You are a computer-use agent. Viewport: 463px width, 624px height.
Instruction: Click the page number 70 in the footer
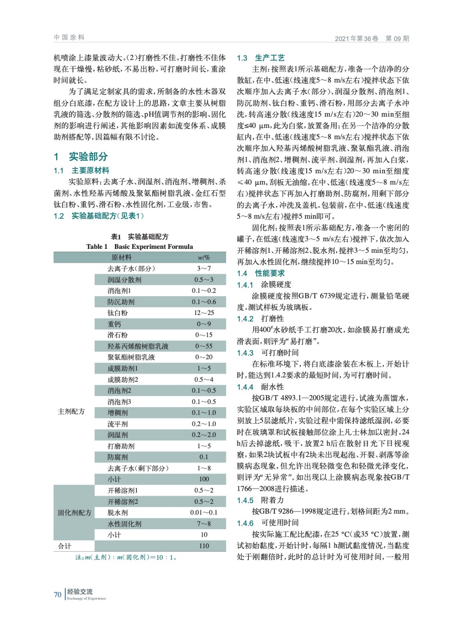click(57, 594)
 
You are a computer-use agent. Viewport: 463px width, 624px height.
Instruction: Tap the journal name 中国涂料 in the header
click(69, 37)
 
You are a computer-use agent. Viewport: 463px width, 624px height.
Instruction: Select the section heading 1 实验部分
click(81, 157)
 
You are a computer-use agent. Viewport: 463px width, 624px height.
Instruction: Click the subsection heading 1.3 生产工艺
click(261, 58)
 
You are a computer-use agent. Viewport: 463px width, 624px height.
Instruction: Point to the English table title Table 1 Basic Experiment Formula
click(140, 246)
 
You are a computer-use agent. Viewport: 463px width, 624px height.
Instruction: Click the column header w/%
click(204, 257)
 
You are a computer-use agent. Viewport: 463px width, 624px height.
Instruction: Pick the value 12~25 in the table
click(204, 313)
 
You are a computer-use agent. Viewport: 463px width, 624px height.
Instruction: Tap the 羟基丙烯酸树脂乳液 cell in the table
click(138, 346)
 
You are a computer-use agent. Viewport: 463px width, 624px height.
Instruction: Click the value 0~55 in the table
click(204, 346)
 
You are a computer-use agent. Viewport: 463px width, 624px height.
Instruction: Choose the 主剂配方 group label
click(71, 411)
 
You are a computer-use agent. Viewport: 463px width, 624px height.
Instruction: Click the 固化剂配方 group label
click(75, 512)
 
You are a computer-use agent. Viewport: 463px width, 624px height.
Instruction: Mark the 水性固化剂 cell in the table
click(124, 524)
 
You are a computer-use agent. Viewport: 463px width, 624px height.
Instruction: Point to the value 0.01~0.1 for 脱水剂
click(204, 512)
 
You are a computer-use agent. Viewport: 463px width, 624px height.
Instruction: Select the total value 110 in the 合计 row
click(204, 546)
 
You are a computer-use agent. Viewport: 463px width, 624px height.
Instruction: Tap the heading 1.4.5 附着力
click(260, 500)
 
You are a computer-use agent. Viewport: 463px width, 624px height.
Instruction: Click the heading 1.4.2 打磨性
click(260, 319)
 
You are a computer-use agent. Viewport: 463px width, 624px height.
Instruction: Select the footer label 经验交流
click(80, 592)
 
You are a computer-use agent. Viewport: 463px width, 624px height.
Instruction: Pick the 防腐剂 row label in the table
click(117, 457)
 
